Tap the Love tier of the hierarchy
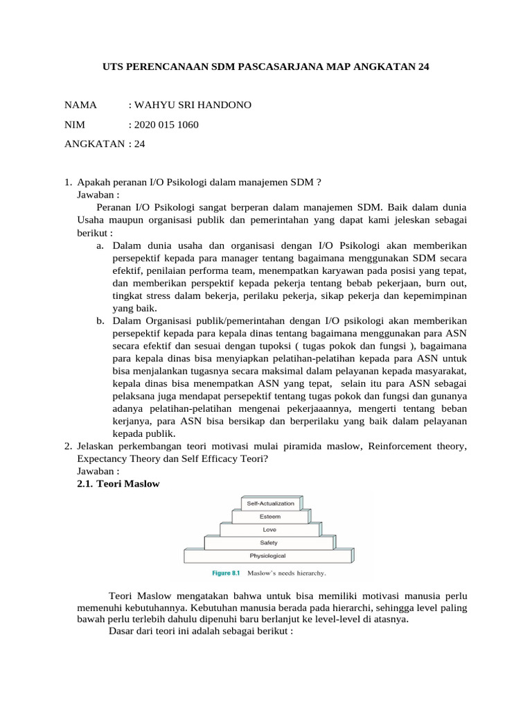point(269,530)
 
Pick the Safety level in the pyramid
point(269,542)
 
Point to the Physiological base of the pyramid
point(269,555)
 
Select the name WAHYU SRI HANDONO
point(193,105)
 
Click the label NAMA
point(80,105)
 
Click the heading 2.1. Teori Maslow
point(118,484)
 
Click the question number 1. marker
point(68,182)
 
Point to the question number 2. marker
point(68,447)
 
